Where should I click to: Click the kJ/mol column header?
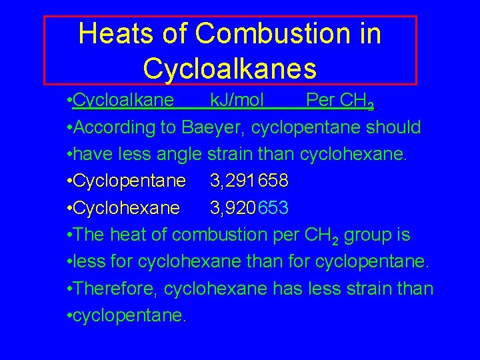pyautogui.click(x=237, y=101)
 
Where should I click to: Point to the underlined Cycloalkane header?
pyautogui.click(x=124, y=101)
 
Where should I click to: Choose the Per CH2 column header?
pyautogui.click(x=339, y=101)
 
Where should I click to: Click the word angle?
pyautogui.click(x=179, y=155)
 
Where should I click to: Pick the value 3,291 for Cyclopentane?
pyautogui.click(x=230, y=181)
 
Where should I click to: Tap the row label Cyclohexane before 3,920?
pyautogui.click(x=126, y=209)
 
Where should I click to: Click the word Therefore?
pyautogui.click(x=117, y=289)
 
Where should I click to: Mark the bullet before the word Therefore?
pyautogui.click(x=70, y=289)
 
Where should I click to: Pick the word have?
pyautogui.click(x=89, y=155)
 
